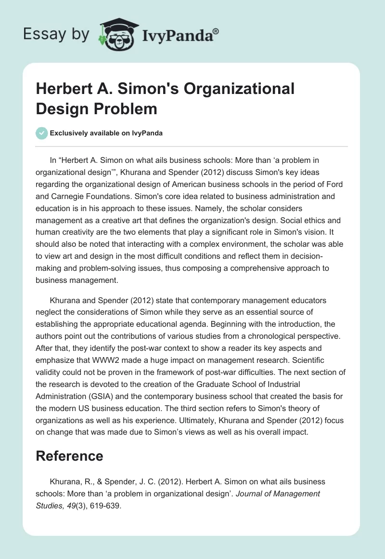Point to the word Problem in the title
click(x=130, y=108)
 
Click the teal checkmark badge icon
click(x=42, y=133)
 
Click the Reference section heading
click(x=69, y=456)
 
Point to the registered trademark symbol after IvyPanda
click(x=216, y=31)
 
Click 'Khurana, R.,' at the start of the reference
click(x=69, y=482)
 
